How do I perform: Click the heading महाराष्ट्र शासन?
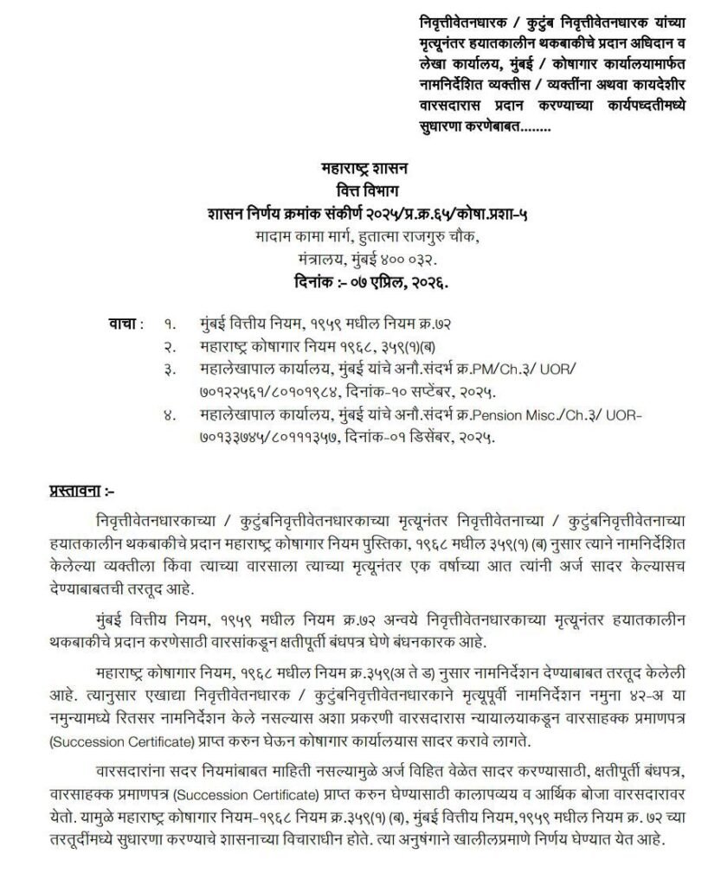(362, 169)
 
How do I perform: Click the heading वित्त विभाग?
(362, 190)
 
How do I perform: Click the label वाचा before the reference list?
(124, 323)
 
